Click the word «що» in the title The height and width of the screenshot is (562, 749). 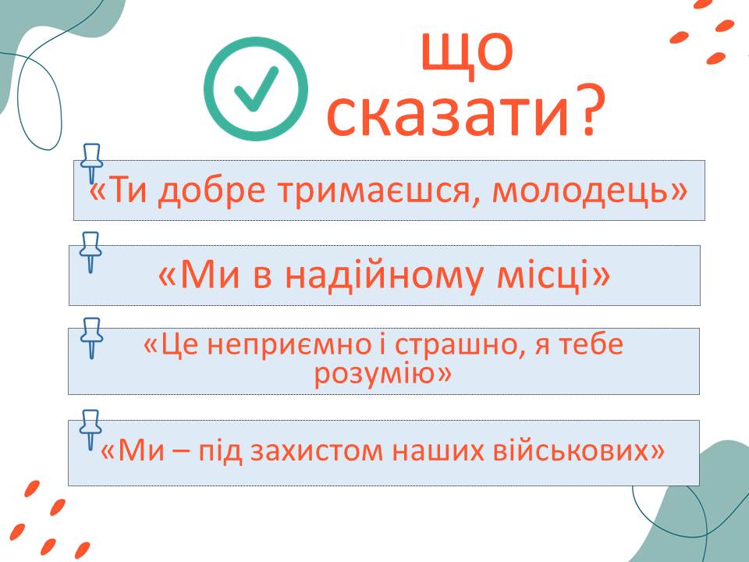pyautogui.click(x=467, y=52)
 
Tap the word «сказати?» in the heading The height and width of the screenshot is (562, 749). pyautogui.click(x=467, y=112)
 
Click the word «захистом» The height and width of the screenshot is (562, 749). pyautogui.click(x=316, y=450)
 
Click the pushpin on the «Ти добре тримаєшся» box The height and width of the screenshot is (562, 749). pyautogui.click(x=91, y=163)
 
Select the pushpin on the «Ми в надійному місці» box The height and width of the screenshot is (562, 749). pyautogui.click(x=91, y=252)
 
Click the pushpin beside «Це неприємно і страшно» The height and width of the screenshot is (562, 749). pyautogui.click(x=91, y=337)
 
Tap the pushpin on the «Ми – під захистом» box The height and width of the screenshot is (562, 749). pyautogui.click(x=91, y=429)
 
